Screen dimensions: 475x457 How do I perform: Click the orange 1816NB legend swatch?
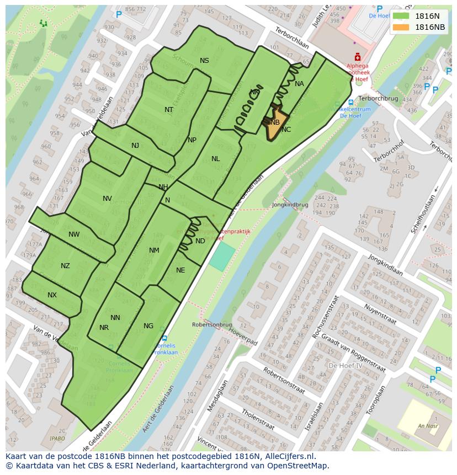(401, 27)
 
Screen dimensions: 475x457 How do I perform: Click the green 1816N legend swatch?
(401, 16)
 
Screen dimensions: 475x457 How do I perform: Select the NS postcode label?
(204, 61)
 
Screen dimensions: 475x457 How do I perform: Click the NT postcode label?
(169, 110)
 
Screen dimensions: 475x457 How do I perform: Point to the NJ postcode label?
(135, 146)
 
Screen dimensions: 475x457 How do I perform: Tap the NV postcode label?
(107, 199)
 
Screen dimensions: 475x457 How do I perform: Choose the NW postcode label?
(74, 234)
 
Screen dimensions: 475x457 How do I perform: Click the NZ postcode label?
(65, 266)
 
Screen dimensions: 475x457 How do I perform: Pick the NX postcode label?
(52, 295)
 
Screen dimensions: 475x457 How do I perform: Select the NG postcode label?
(148, 326)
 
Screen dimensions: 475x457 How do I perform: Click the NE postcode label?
(180, 270)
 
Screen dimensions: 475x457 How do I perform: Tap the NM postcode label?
(154, 250)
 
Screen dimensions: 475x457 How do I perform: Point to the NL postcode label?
(215, 159)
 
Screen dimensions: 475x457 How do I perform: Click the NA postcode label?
(299, 84)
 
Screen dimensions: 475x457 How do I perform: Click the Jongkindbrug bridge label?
(290, 205)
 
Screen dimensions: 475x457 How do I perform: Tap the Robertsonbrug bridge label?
(212, 325)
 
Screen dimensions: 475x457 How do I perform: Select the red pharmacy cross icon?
(358, 57)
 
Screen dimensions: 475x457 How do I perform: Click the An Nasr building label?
(428, 425)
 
